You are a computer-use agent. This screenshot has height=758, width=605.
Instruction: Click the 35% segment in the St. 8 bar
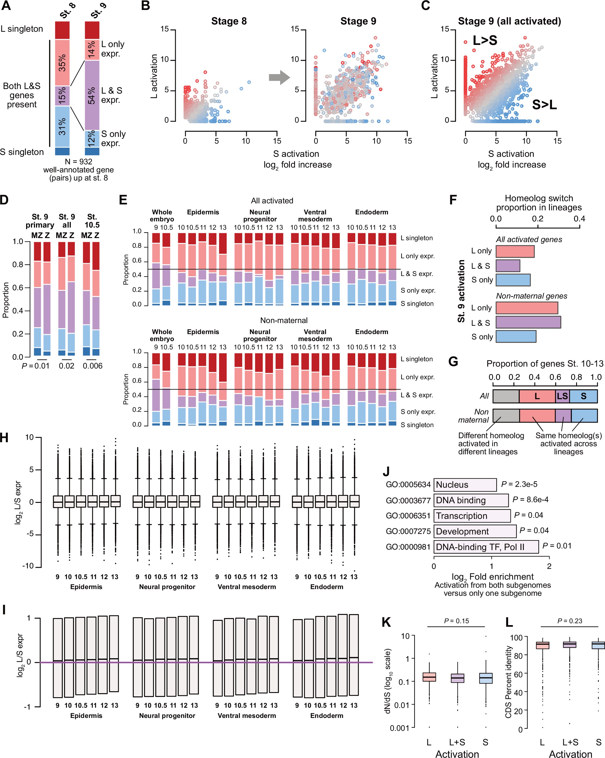[x=62, y=63]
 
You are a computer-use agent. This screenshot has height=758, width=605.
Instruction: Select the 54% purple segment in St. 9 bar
[x=92, y=95]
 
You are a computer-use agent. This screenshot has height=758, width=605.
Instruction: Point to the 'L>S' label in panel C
[x=485, y=40]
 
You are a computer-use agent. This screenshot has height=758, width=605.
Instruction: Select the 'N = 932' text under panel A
[x=78, y=162]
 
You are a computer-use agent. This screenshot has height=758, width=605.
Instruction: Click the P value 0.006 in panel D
[x=93, y=366]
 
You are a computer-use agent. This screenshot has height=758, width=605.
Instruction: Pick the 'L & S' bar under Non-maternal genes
[x=528, y=323]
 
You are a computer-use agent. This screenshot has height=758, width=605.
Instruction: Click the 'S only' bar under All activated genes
[x=513, y=280]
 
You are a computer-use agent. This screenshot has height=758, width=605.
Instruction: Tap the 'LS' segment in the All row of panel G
[x=562, y=396]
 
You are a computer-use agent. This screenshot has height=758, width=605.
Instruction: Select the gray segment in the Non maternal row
[x=506, y=416]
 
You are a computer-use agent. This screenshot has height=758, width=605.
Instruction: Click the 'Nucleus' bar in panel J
[x=465, y=485]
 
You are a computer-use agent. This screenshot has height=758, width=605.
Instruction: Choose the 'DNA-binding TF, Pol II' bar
[x=486, y=547]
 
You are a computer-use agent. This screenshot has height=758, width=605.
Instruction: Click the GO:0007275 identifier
[x=408, y=531]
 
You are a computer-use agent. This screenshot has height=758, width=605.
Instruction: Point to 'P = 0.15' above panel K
[x=456, y=621]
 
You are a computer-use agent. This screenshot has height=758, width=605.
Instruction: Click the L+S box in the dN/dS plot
[x=458, y=678]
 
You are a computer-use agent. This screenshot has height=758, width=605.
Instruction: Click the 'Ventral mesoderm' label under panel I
[x=247, y=716]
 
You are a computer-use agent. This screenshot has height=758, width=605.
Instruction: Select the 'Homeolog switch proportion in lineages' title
[x=539, y=203]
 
